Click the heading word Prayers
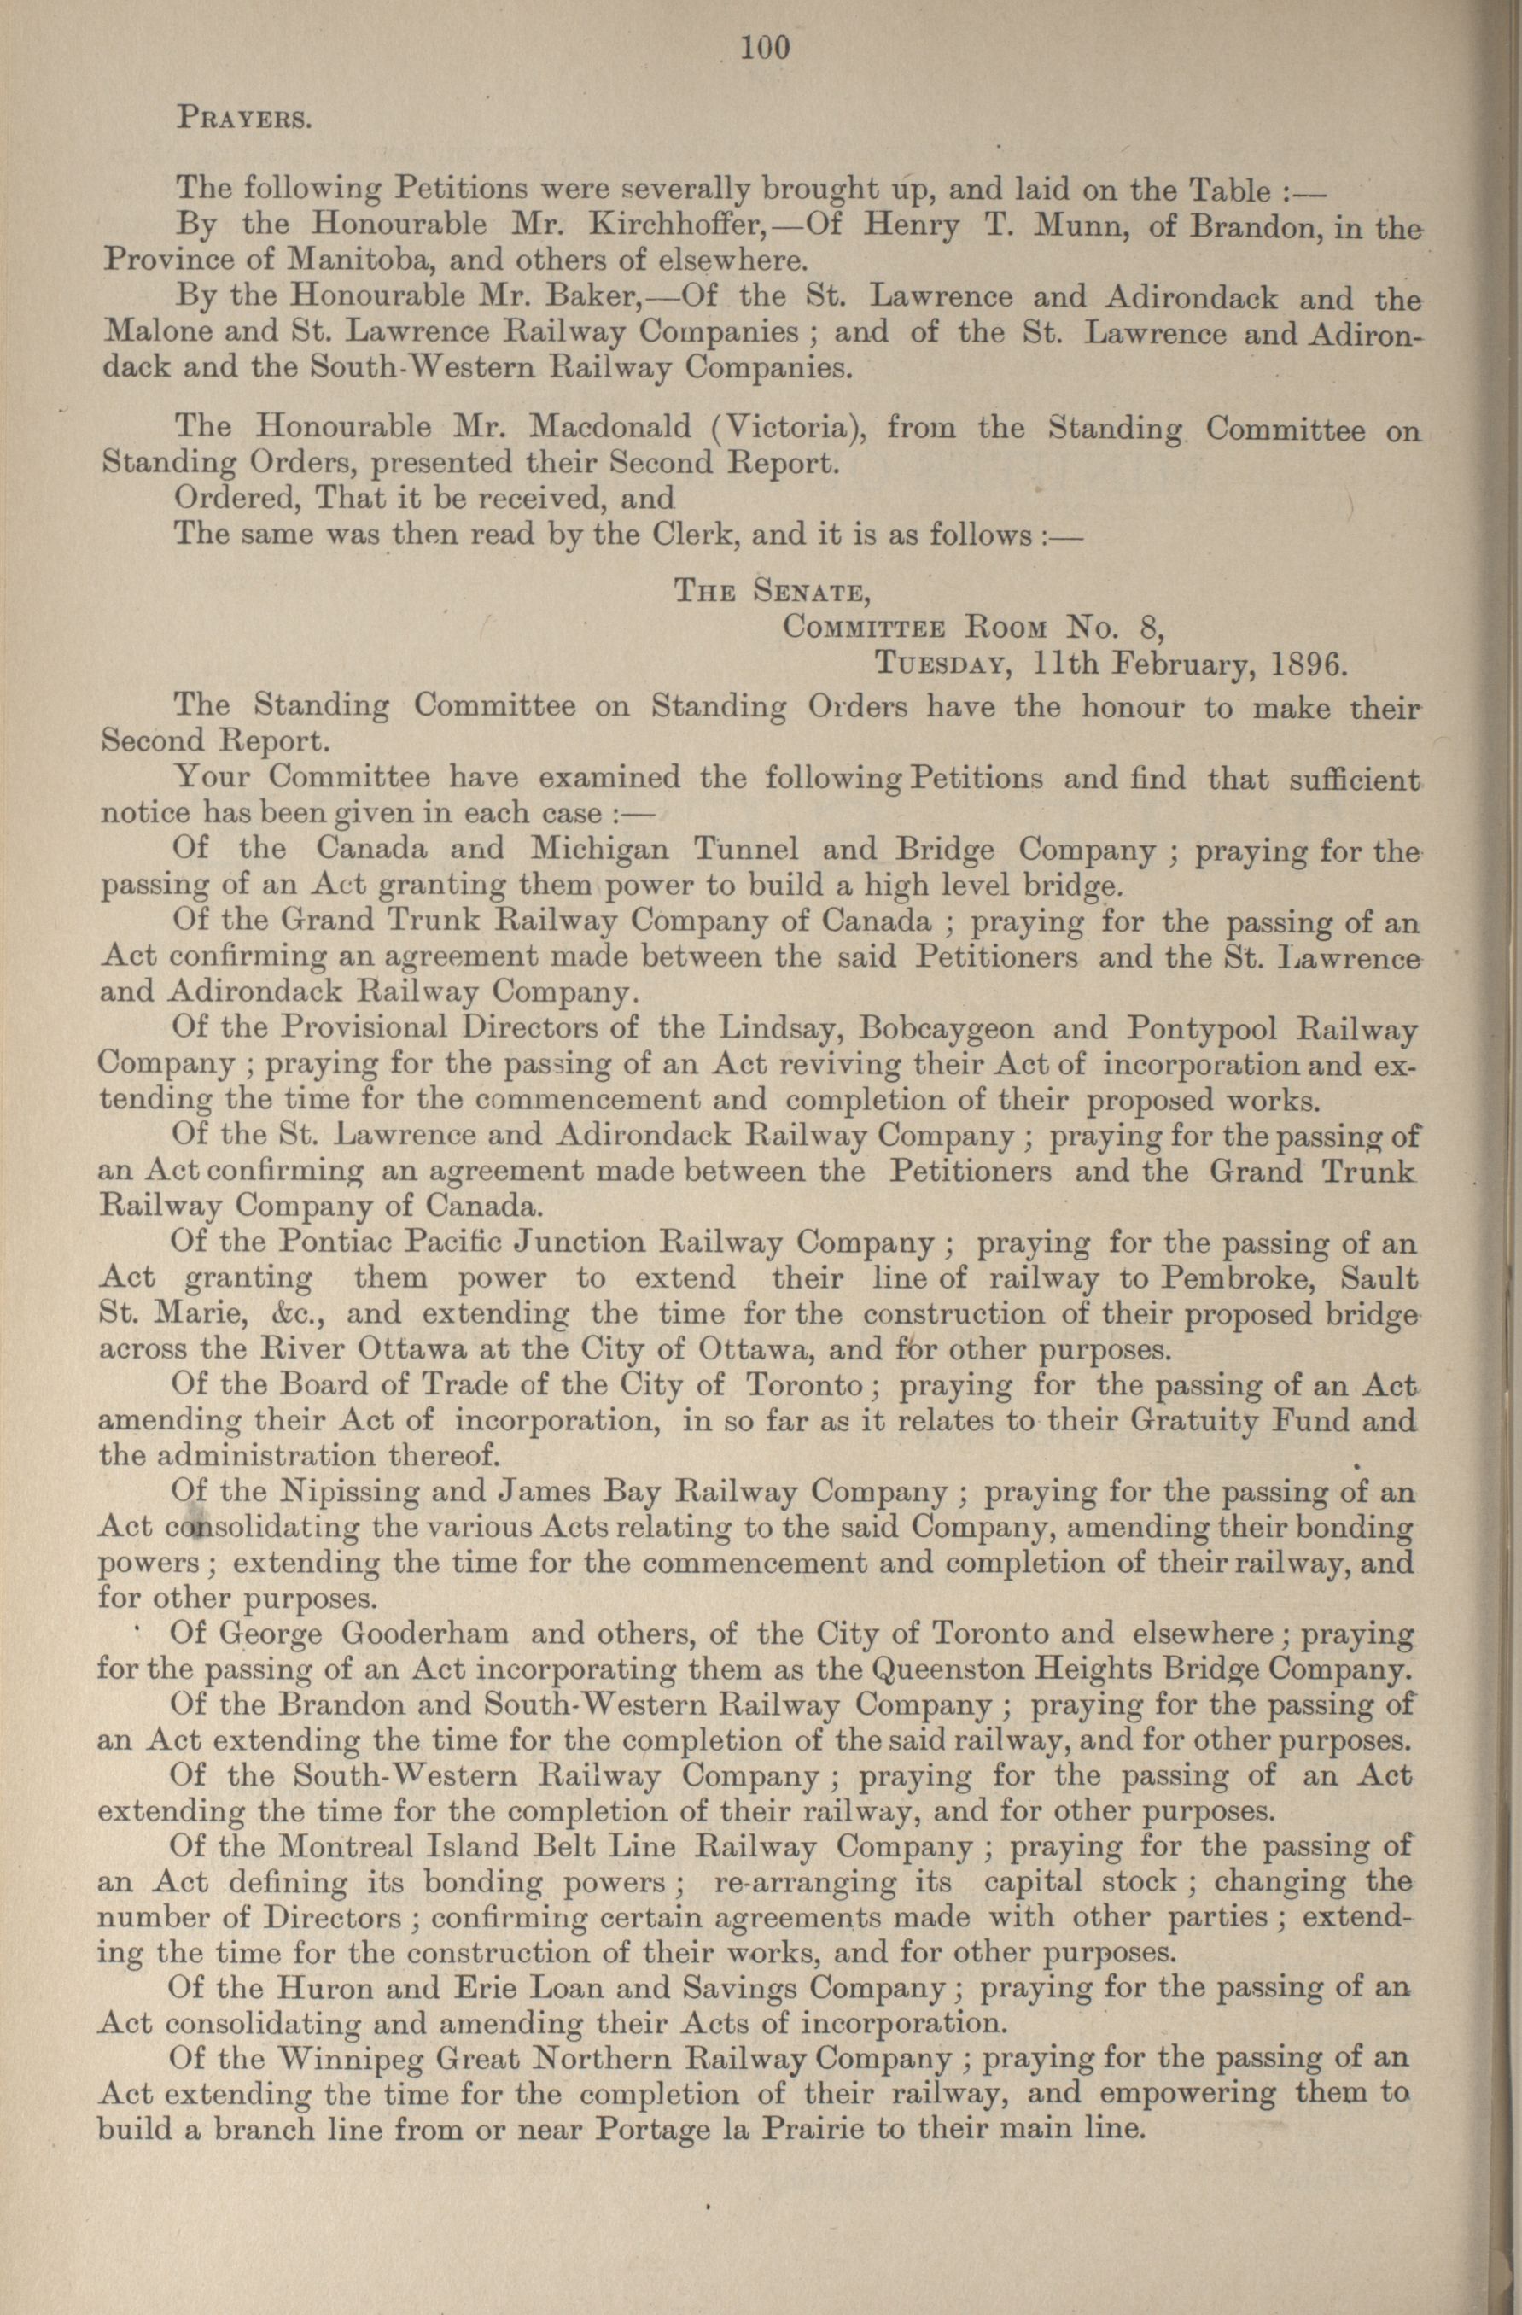(x=243, y=121)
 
